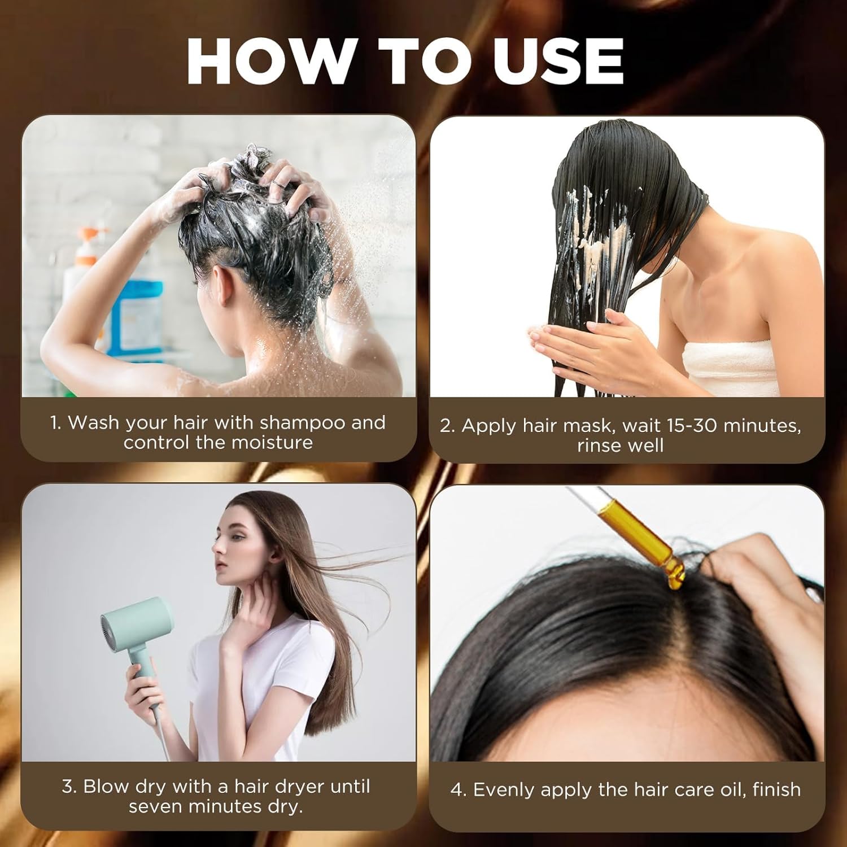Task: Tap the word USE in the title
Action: pyautogui.click(x=559, y=61)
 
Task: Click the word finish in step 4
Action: pyautogui.click(x=776, y=789)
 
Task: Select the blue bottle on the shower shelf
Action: pyautogui.click(x=134, y=316)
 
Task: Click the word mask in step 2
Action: pyautogui.click(x=587, y=425)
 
